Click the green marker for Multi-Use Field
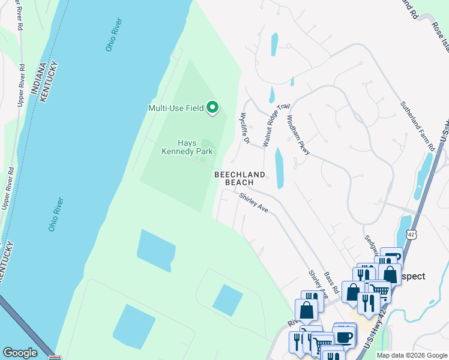pyautogui.click(x=212, y=108)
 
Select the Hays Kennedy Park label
pyautogui.click(x=187, y=147)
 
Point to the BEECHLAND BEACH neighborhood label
pyautogui.click(x=240, y=178)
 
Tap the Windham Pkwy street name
pyautogui.click(x=298, y=136)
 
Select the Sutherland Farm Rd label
pyautogui.click(x=417, y=126)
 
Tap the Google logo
pyautogui.click(x=20, y=353)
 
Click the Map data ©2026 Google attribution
pyautogui.click(x=411, y=355)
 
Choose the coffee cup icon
pyautogui.click(x=345, y=336)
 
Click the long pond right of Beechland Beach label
pyautogui.click(x=279, y=169)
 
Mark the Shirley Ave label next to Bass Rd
pyautogui.click(x=318, y=284)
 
